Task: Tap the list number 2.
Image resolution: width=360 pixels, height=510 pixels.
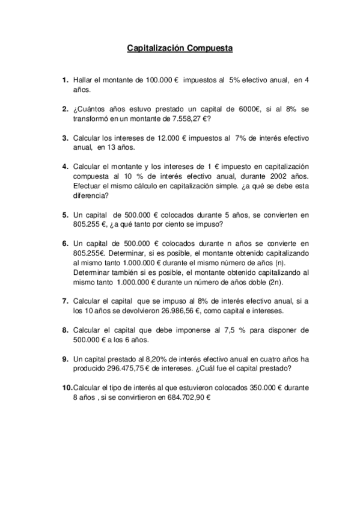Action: click(65, 109)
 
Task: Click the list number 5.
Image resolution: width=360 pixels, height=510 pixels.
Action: click(65, 214)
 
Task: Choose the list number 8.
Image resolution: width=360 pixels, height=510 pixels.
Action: click(65, 330)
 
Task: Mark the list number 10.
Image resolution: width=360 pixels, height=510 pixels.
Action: click(66, 388)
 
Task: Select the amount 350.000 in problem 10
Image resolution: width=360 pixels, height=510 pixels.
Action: click(260, 388)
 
